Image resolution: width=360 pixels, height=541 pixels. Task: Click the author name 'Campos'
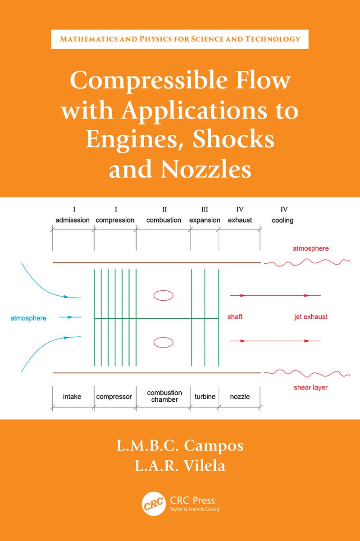(214, 445)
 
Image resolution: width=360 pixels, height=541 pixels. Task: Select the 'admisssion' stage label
(73, 220)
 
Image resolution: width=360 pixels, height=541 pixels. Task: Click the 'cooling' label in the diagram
(283, 221)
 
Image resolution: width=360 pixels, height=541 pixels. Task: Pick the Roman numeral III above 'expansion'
(205, 209)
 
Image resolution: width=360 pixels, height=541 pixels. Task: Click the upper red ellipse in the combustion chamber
(164, 295)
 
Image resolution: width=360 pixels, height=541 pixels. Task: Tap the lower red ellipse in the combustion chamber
(164, 342)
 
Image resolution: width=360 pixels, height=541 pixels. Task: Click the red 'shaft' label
(235, 316)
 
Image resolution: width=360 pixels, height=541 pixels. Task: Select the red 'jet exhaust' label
(311, 317)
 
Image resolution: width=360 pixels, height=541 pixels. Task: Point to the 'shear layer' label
(310, 388)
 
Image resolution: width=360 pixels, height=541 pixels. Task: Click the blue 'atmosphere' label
(28, 318)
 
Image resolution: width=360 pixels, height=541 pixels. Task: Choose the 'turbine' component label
(205, 397)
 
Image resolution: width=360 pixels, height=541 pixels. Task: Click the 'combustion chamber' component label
(164, 396)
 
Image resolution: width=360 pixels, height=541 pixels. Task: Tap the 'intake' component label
(72, 397)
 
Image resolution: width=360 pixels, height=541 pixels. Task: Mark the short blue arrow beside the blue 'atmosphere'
(70, 317)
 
